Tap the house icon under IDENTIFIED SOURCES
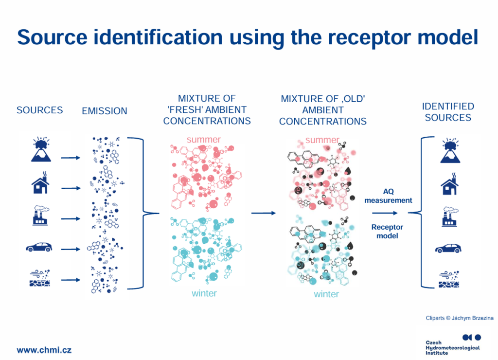click(449, 184)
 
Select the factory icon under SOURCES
click(41, 216)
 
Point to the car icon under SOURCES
click(39, 247)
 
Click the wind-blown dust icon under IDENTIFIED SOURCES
click(449, 279)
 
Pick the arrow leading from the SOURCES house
click(71, 188)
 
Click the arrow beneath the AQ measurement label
click(385, 213)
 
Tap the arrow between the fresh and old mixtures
click(263, 213)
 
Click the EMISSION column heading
click(105, 111)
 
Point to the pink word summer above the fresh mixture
click(204, 140)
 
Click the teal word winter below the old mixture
click(326, 294)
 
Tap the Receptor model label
click(387, 231)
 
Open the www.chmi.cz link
click(44, 350)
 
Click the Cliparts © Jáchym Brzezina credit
click(460, 318)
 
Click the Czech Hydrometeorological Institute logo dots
click(472, 337)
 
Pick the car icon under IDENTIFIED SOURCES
click(448, 248)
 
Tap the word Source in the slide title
click(53, 37)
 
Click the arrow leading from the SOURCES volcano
click(71, 158)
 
